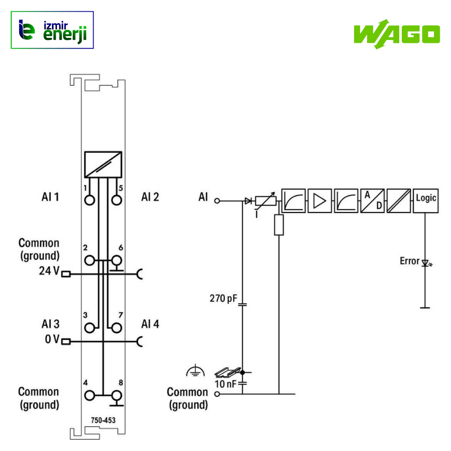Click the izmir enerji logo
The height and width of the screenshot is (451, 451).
52,30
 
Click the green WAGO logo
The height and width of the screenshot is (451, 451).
396,33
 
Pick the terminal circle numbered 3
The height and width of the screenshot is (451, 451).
90,327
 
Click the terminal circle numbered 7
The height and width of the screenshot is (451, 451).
117,327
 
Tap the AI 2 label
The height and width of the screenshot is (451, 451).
150,197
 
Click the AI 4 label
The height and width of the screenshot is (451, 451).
150,324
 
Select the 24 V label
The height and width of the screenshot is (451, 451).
48,271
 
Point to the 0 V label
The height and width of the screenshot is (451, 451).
52,339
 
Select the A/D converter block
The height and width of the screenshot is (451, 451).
372,200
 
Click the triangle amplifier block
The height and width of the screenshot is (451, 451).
319,200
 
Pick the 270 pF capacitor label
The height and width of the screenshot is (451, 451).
224,298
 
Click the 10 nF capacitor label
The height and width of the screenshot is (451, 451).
227,384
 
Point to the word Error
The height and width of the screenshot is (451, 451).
410,261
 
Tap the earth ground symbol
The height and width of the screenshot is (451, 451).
194,371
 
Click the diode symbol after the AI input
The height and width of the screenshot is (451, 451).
248,200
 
